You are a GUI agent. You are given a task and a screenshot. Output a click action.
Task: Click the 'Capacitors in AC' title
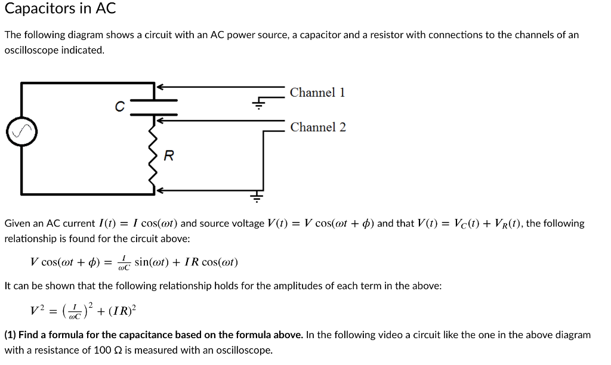(60, 9)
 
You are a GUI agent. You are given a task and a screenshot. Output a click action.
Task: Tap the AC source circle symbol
(21, 132)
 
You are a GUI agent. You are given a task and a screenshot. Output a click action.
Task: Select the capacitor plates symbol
(154, 107)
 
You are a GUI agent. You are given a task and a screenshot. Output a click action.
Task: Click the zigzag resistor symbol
(154, 156)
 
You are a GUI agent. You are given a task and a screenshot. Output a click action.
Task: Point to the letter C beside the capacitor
(120, 107)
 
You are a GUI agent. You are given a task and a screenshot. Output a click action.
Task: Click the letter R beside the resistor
(169, 156)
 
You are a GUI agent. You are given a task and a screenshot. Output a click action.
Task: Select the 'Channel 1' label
(317, 92)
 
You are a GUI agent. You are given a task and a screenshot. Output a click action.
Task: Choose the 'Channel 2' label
(318, 127)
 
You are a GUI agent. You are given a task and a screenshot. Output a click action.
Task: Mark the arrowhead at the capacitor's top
(159, 87)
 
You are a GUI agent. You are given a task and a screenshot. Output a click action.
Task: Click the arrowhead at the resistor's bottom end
(159, 190)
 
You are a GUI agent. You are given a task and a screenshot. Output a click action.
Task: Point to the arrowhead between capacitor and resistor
(159, 120)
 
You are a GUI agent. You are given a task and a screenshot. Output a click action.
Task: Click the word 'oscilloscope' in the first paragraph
(30, 50)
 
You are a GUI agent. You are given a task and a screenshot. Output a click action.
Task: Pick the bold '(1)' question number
(11, 335)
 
